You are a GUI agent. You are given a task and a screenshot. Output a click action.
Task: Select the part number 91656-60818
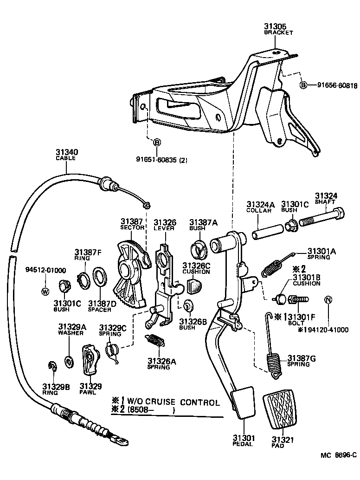click(x=337, y=85)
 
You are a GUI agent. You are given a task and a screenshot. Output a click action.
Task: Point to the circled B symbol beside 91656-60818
click(x=303, y=85)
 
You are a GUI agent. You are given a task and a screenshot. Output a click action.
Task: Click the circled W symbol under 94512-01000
click(x=45, y=292)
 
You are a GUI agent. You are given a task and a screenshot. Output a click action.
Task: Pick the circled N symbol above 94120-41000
click(x=328, y=299)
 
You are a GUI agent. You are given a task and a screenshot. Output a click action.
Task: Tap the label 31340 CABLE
click(x=67, y=154)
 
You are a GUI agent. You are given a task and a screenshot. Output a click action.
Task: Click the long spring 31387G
click(x=273, y=353)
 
